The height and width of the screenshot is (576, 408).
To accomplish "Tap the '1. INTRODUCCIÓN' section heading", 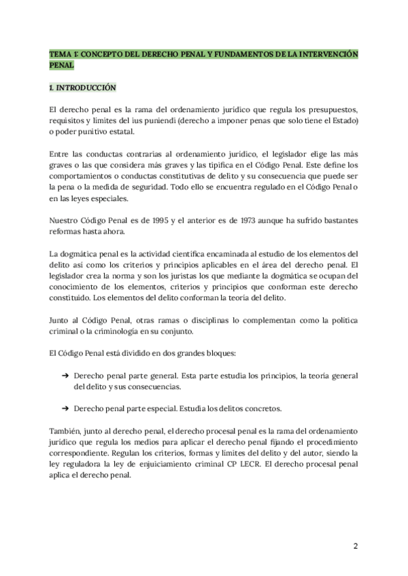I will click(83, 88).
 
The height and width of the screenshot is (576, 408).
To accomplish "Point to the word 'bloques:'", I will click(216, 354).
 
